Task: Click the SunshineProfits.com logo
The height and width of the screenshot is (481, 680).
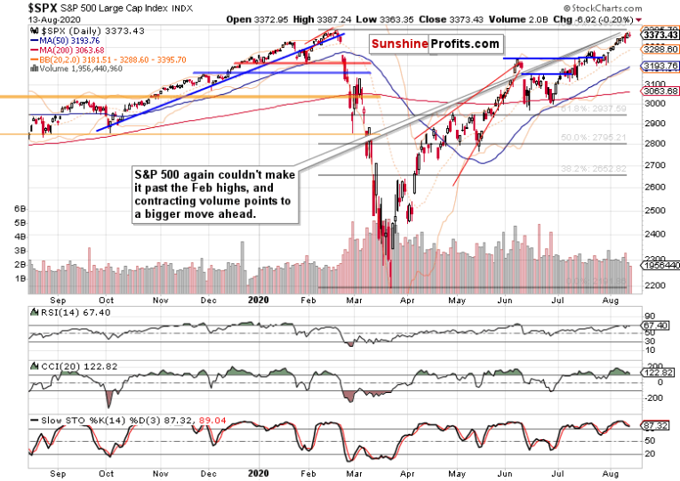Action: point(436,44)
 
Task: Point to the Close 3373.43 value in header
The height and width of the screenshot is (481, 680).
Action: point(495,18)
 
